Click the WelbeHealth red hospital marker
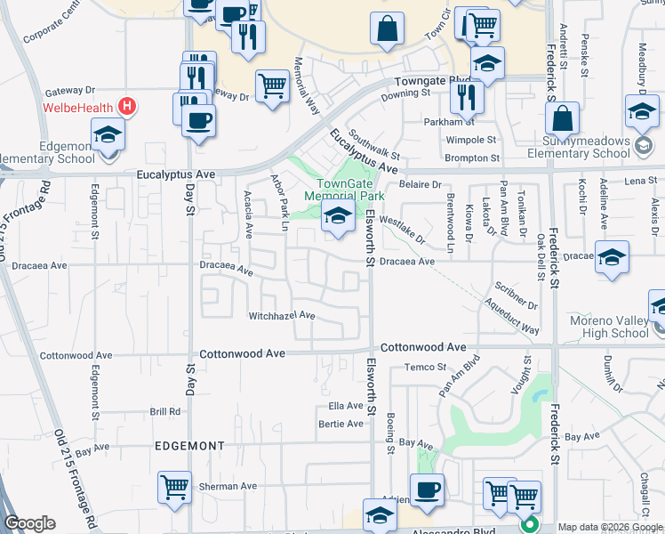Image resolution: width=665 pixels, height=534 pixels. (x=128, y=108)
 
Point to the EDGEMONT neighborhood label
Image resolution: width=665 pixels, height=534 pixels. (x=190, y=446)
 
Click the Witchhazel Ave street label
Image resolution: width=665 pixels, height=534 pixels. (x=282, y=316)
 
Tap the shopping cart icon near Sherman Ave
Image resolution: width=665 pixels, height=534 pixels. (x=175, y=487)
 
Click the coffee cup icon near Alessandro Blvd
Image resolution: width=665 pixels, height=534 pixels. (x=427, y=489)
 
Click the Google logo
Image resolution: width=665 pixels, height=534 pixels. (x=30, y=523)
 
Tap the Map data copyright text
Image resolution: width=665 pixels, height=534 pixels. (x=609, y=527)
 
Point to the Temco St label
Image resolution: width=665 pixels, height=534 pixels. (x=425, y=367)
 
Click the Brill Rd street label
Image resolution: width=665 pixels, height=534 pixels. (x=165, y=411)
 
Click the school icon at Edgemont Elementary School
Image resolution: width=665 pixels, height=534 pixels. (x=108, y=134)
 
